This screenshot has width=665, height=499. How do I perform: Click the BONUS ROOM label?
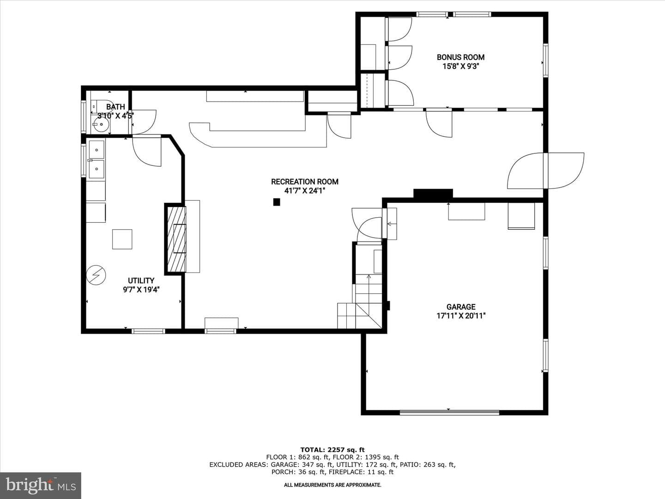coord(460,57)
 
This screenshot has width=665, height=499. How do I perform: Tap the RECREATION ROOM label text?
coord(304,182)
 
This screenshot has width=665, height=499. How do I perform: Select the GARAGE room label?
coord(461,307)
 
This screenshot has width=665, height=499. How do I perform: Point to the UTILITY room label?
coord(141,280)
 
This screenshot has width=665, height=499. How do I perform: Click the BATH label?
coord(115,107)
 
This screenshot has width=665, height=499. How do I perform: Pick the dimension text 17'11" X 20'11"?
coord(461,316)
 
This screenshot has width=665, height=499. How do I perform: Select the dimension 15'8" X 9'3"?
coord(460,67)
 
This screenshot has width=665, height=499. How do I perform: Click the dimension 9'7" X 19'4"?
coord(141,290)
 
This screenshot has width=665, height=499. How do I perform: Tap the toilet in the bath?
coord(102,106)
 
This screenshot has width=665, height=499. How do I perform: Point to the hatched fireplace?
coord(176,239)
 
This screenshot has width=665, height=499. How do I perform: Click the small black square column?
coord(277,202)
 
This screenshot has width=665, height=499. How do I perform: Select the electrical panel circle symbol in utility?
coord(96,275)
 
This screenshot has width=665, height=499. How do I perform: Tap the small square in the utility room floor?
coord(122,239)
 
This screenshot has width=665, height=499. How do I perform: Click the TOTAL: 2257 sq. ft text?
coord(332,450)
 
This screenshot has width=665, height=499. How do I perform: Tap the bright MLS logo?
coord(41,485)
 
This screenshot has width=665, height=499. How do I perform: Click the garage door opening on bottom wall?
coord(449,412)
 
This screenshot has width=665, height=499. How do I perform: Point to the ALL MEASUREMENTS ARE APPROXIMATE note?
coord(332,485)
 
